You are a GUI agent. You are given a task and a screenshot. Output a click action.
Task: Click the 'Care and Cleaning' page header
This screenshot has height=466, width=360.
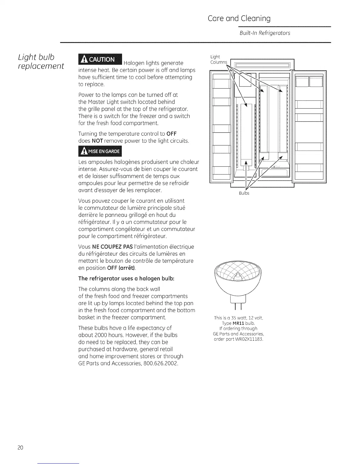[x=239, y=19]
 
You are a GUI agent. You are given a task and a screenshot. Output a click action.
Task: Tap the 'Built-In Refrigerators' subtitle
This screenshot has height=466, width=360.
[x=265, y=33]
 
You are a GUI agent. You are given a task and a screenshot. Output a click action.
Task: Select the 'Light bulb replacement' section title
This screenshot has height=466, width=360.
[x=41, y=61]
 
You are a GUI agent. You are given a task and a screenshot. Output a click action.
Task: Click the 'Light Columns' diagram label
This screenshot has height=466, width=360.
[x=219, y=59]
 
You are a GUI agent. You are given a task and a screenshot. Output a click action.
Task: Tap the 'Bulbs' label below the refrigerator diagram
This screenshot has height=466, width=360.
[x=244, y=193]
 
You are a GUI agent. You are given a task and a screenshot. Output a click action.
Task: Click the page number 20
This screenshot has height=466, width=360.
[x=20, y=448]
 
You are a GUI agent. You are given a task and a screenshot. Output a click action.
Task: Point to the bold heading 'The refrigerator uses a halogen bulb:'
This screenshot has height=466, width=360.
[x=126, y=278]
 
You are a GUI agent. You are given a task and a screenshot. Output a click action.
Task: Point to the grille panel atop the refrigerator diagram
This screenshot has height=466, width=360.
[x=262, y=65]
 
